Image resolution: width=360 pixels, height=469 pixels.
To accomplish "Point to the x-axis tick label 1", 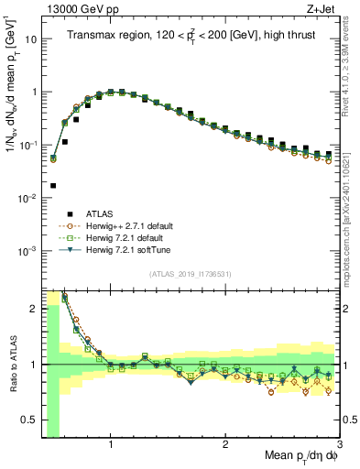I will tap(111, 445).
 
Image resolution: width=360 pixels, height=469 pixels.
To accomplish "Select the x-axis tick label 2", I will tap(225, 445).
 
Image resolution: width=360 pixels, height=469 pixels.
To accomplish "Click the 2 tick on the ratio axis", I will tap(32, 309).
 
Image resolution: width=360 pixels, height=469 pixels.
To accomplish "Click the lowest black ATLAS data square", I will tap(53, 185).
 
